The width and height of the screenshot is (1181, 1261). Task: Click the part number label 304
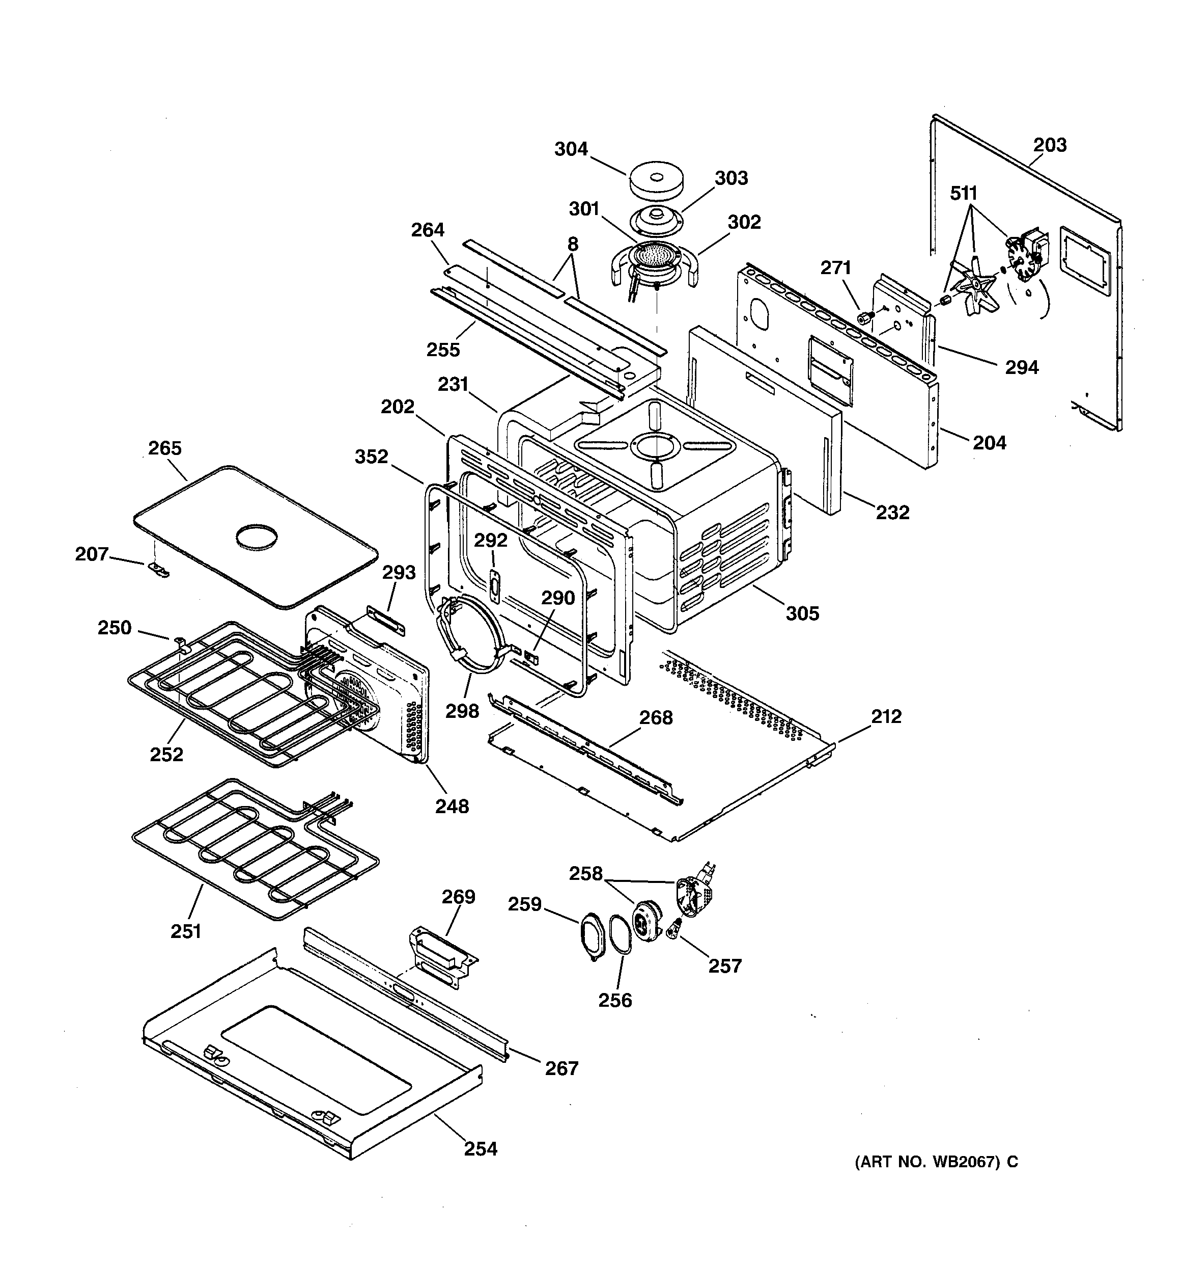point(571,149)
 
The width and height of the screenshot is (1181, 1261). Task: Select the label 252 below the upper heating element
point(166,754)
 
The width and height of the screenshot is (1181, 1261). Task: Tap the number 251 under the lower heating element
point(185,931)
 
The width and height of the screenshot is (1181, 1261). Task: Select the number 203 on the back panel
point(1050,145)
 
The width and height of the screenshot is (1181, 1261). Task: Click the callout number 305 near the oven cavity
point(803,613)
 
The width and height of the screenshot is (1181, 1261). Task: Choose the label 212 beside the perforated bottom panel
point(886,716)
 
